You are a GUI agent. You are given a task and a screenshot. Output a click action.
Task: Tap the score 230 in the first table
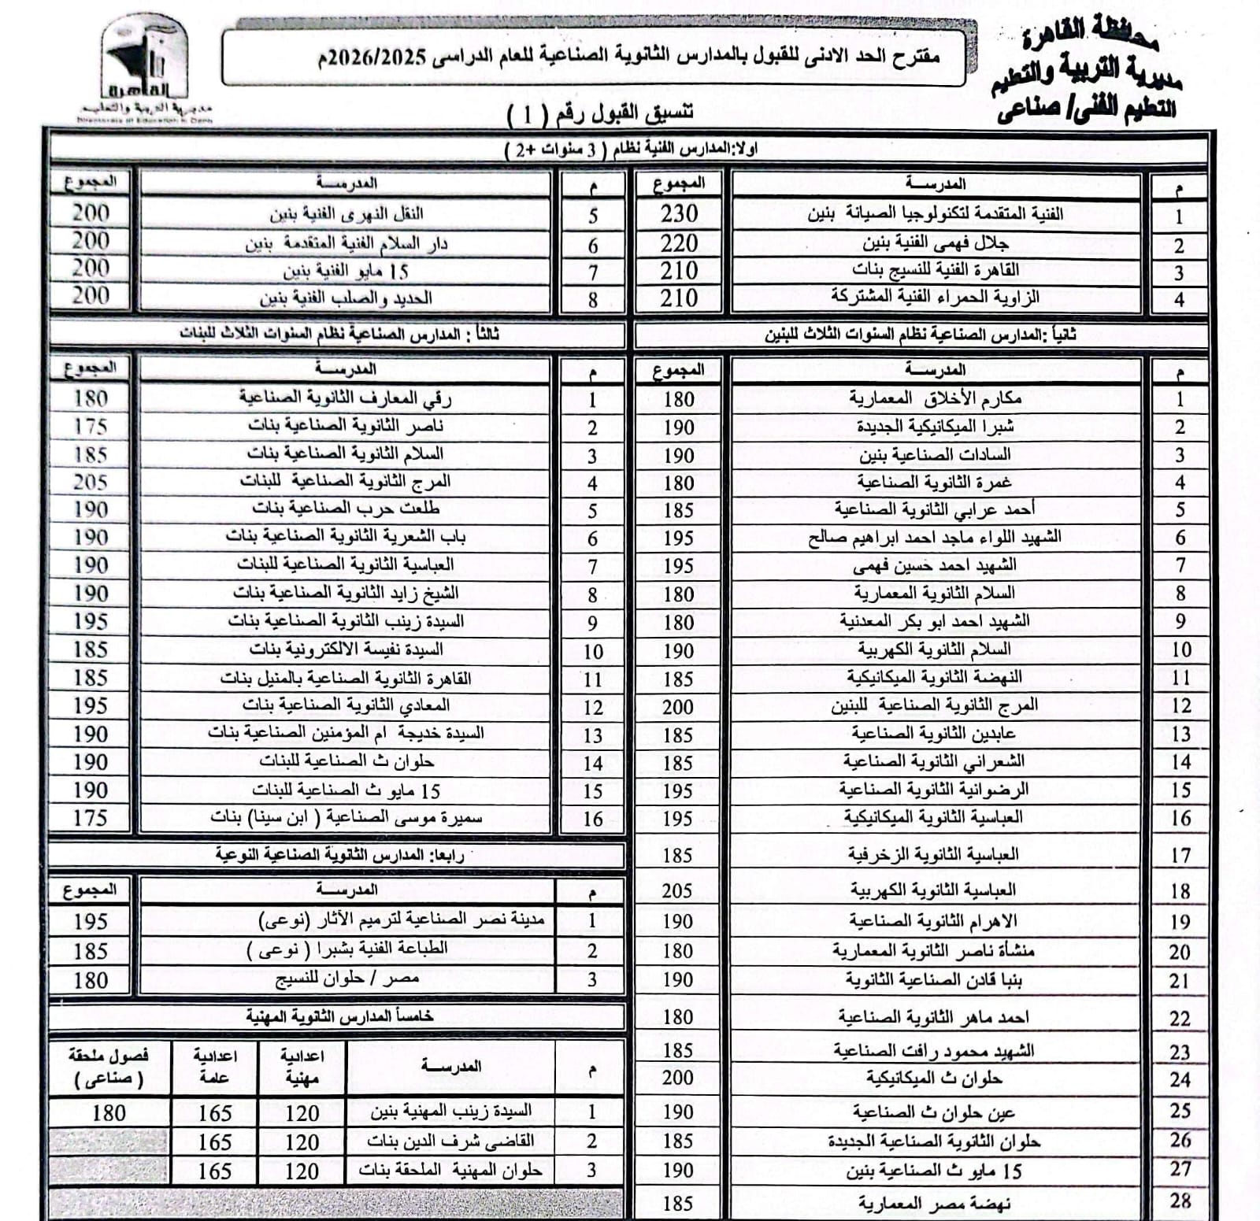pyautogui.click(x=679, y=213)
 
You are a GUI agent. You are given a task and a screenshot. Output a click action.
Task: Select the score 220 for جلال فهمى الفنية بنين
pyautogui.click(x=679, y=243)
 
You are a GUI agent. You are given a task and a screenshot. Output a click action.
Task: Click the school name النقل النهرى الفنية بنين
pyautogui.click(x=346, y=213)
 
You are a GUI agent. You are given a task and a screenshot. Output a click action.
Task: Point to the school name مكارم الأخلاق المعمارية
pyautogui.click(x=935, y=398)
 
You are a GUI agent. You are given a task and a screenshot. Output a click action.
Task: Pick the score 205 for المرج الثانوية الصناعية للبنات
pyautogui.click(x=91, y=482)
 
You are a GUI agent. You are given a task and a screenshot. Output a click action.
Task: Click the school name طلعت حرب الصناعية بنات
pyautogui.click(x=346, y=509)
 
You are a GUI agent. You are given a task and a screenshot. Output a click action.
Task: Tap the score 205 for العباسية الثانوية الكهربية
pyautogui.click(x=677, y=890)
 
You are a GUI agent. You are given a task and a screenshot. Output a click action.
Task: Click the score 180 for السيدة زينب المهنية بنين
pyautogui.click(x=109, y=1113)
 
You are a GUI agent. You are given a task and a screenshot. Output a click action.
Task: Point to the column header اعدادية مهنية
pyautogui.click(x=302, y=1067)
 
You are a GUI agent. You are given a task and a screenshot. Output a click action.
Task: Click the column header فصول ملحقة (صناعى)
pyautogui.click(x=109, y=1067)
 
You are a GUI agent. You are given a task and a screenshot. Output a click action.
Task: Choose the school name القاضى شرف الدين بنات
pyautogui.click(x=450, y=1141)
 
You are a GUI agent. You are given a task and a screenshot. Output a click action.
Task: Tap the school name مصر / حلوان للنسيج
pyautogui.click(x=346, y=979)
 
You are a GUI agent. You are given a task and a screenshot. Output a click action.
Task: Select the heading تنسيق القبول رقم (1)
pyautogui.click(x=600, y=114)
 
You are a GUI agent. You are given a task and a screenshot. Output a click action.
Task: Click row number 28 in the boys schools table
pyautogui.click(x=1180, y=1201)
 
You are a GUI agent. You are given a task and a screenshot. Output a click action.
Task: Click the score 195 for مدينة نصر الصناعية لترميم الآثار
pyautogui.click(x=91, y=921)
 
